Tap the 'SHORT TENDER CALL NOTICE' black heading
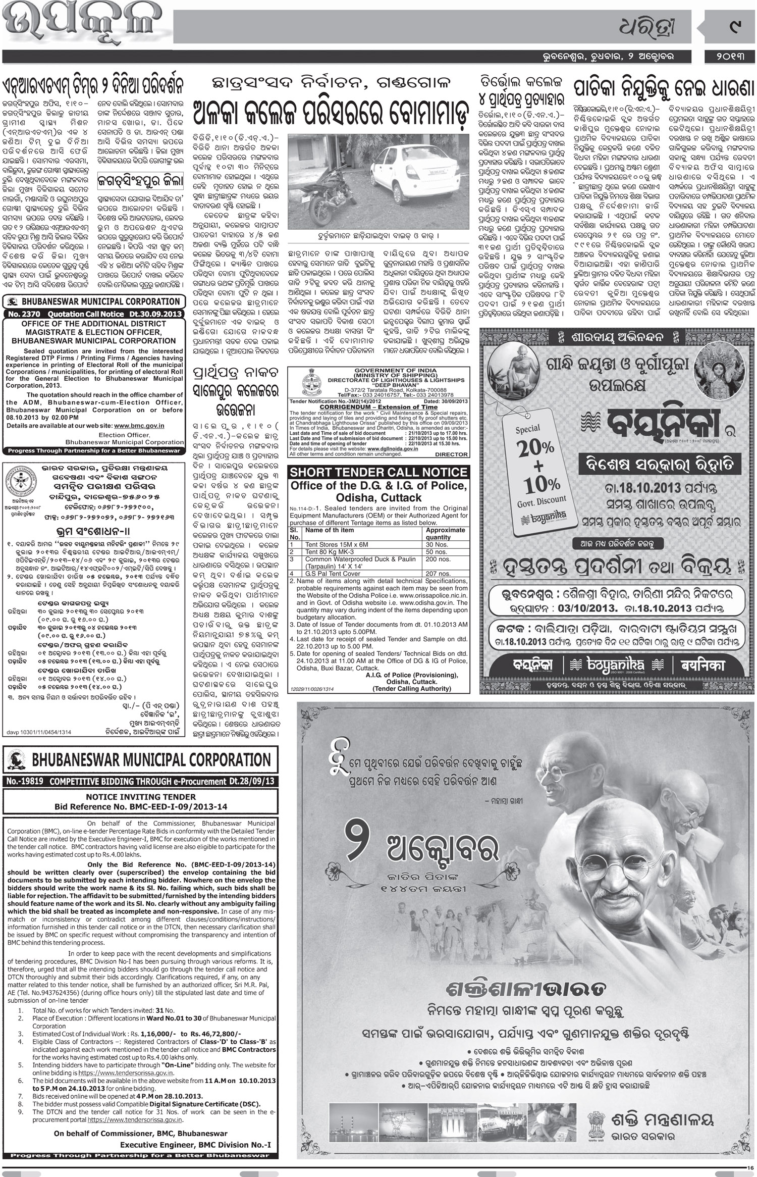pyautogui.click(x=377, y=472)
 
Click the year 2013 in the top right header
pyautogui.click(x=734, y=55)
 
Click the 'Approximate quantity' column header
pyautogui.click(x=445, y=533)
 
